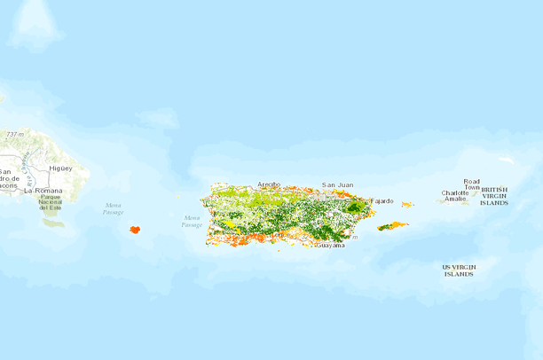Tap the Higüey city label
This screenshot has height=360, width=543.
pos(60,168)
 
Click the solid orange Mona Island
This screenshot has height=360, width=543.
pos(135,229)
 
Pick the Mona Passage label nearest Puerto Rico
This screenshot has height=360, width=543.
pos(192,221)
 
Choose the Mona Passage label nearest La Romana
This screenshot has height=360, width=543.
pos(113,209)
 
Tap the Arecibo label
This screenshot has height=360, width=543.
pos(268,184)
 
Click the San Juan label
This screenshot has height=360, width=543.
pos(337,184)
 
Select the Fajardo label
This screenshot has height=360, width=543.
pos(382,200)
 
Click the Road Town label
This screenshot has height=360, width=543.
pos(471,184)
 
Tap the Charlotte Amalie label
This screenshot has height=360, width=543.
pos(455,196)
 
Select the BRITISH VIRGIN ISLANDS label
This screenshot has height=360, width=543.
pos(494,196)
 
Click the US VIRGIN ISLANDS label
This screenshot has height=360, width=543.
pos(459,270)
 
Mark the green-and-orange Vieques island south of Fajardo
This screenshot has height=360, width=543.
pos(391,226)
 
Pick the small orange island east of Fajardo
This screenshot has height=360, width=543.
pos(406,205)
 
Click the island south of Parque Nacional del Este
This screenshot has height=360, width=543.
pos(53,223)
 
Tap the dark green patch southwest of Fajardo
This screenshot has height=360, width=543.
pos(356,207)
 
